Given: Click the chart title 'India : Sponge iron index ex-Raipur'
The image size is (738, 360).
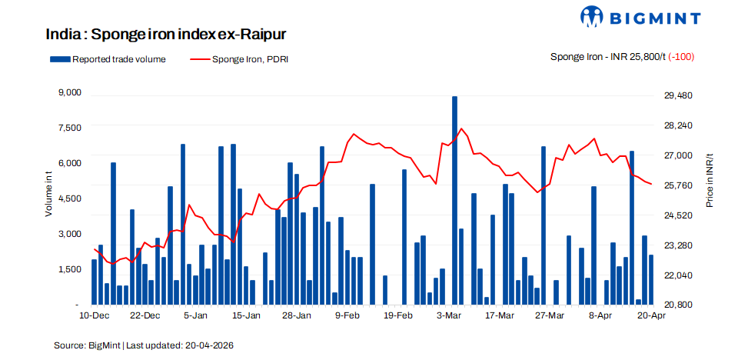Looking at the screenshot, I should point(166,35).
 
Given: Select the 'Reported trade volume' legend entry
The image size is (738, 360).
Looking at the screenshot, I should point(108,58).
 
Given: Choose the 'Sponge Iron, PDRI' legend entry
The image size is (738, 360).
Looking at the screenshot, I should point(238,58).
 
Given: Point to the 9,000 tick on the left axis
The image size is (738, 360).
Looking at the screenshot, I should point(69,92).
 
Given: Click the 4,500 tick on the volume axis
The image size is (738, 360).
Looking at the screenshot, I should point(69,198).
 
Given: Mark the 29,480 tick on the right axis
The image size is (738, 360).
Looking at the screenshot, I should point(678,95).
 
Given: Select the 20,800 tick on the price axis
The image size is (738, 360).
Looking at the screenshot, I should point(678,305).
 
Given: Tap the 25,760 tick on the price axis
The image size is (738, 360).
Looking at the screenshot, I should point(678,185).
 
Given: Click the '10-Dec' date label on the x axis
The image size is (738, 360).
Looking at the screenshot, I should point(94,315).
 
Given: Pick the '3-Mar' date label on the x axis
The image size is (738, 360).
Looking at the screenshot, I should point(448,315).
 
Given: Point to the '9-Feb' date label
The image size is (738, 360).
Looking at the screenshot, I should point(347,315).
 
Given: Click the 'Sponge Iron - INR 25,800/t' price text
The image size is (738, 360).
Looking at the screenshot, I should point(607,58).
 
